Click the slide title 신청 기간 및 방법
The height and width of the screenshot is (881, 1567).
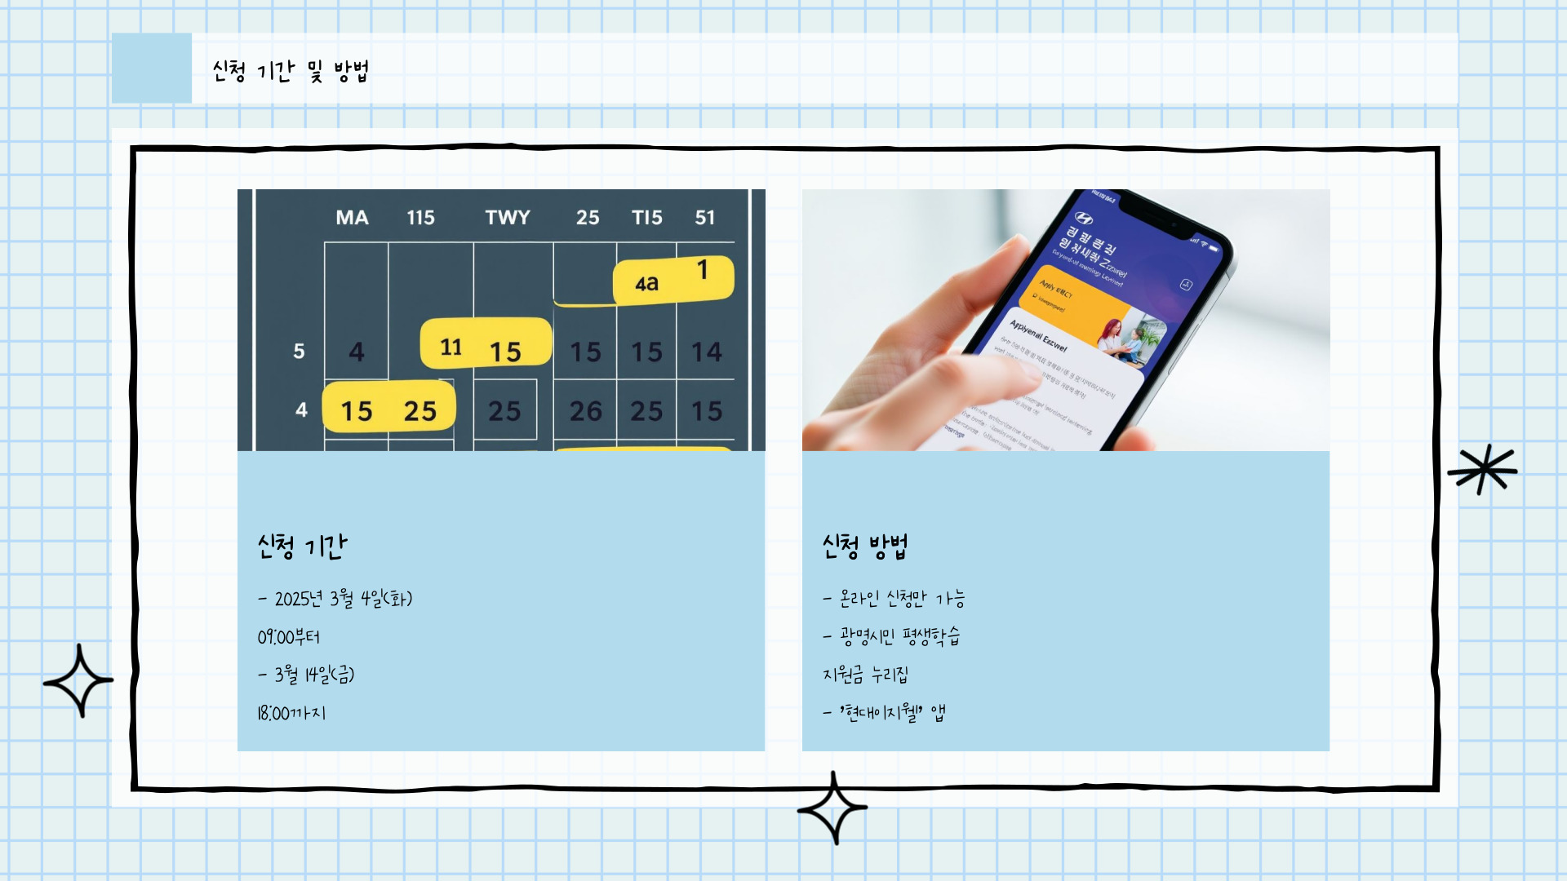290,71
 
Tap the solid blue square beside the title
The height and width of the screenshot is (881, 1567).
152,68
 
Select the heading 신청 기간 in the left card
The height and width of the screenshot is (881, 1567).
302,546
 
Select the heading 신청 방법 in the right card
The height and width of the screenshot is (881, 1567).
865,546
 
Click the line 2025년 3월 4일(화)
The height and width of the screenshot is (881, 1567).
335,599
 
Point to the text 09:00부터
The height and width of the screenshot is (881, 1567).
289,637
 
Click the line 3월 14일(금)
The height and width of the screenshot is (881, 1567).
307,675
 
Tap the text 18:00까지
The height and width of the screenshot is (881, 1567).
291,713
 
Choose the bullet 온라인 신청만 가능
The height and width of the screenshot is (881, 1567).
894,599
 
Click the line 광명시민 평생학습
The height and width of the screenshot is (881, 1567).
893,636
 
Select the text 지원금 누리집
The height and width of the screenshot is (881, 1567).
865,675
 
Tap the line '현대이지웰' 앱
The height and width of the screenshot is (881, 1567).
885,713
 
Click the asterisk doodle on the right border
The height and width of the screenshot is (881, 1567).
1483,469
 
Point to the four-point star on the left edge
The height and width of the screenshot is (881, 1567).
78,680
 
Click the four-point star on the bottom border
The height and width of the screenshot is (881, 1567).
832,808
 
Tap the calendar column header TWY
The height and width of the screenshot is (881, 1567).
508,218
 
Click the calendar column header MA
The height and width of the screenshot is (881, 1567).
352,218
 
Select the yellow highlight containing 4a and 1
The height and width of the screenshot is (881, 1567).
673,280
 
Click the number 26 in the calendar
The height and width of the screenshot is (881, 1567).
585,411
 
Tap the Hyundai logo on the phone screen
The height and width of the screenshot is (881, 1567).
1083,218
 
